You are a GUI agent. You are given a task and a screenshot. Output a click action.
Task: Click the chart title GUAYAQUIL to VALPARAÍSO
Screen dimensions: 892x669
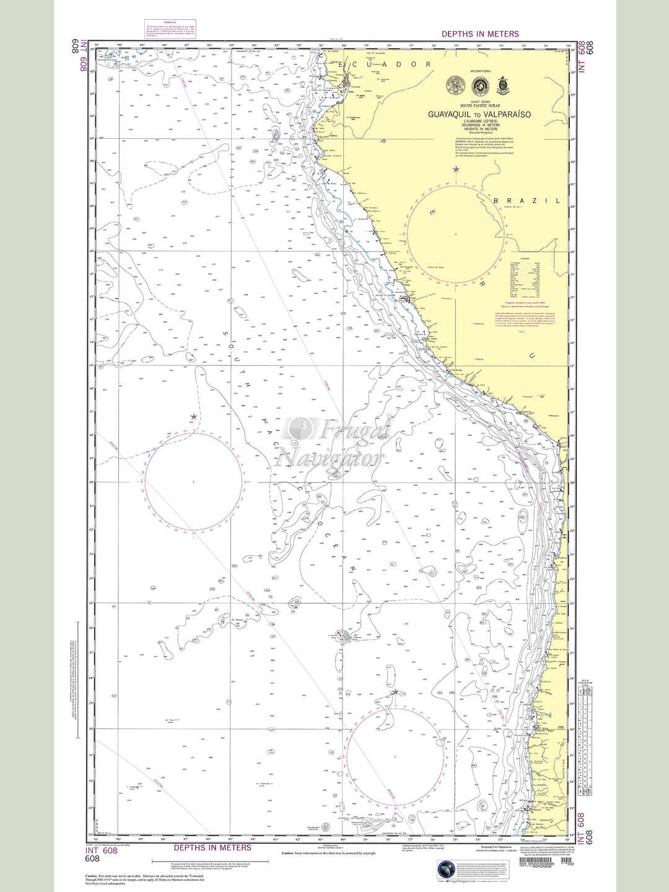(x=480, y=115)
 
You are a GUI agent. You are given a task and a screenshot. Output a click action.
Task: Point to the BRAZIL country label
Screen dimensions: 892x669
(x=527, y=201)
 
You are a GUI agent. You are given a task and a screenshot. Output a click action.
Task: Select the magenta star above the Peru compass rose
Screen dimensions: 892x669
(x=457, y=169)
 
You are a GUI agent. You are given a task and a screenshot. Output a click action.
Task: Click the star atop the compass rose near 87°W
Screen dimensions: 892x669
(x=194, y=417)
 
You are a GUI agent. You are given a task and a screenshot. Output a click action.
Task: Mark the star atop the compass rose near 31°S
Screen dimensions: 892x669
(x=395, y=692)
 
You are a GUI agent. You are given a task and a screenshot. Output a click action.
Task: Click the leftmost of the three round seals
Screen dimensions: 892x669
(x=455, y=86)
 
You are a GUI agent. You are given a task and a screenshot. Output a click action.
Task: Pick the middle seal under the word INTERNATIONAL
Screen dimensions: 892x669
(x=480, y=86)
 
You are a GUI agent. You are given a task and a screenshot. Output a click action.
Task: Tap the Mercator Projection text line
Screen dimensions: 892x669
(x=480, y=133)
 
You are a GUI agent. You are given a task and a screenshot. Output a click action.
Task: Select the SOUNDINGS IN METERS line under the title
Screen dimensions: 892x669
(x=480, y=125)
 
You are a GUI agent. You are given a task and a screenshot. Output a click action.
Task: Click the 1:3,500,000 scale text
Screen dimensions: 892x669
(x=480, y=121)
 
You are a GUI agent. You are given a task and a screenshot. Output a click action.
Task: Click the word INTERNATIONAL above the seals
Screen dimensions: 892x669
(x=480, y=71)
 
